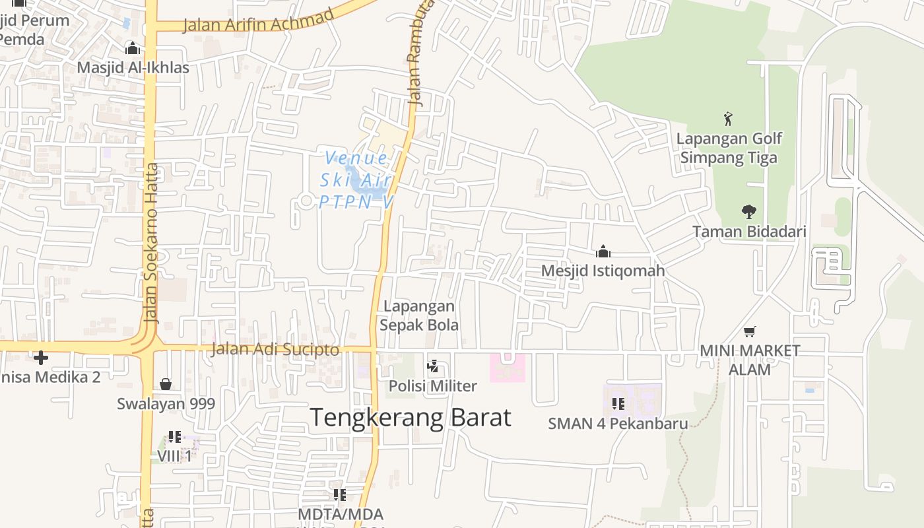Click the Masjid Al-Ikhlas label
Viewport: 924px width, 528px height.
point(133,68)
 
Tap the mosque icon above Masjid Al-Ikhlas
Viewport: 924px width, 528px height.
point(133,48)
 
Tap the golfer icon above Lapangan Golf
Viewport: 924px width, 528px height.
point(728,119)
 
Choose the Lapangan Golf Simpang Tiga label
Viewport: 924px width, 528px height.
point(729,148)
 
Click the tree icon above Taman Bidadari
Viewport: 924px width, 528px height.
point(748,212)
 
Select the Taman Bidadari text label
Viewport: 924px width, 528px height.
point(749,232)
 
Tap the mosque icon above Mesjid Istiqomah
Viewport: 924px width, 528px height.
point(603,251)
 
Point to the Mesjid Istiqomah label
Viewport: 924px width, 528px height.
point(603,271)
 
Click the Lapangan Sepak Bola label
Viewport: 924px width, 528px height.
point(419,315)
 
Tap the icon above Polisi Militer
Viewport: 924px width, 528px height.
point(433,366)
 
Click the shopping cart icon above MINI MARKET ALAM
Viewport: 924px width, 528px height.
point(749,331)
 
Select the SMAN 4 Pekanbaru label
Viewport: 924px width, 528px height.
point(618,424)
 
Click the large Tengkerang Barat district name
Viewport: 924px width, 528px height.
point(410,417)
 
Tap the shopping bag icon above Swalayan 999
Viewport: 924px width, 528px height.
point(166,384)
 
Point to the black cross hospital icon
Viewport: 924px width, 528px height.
point(41,358)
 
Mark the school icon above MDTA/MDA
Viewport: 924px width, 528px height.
point(340,494)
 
